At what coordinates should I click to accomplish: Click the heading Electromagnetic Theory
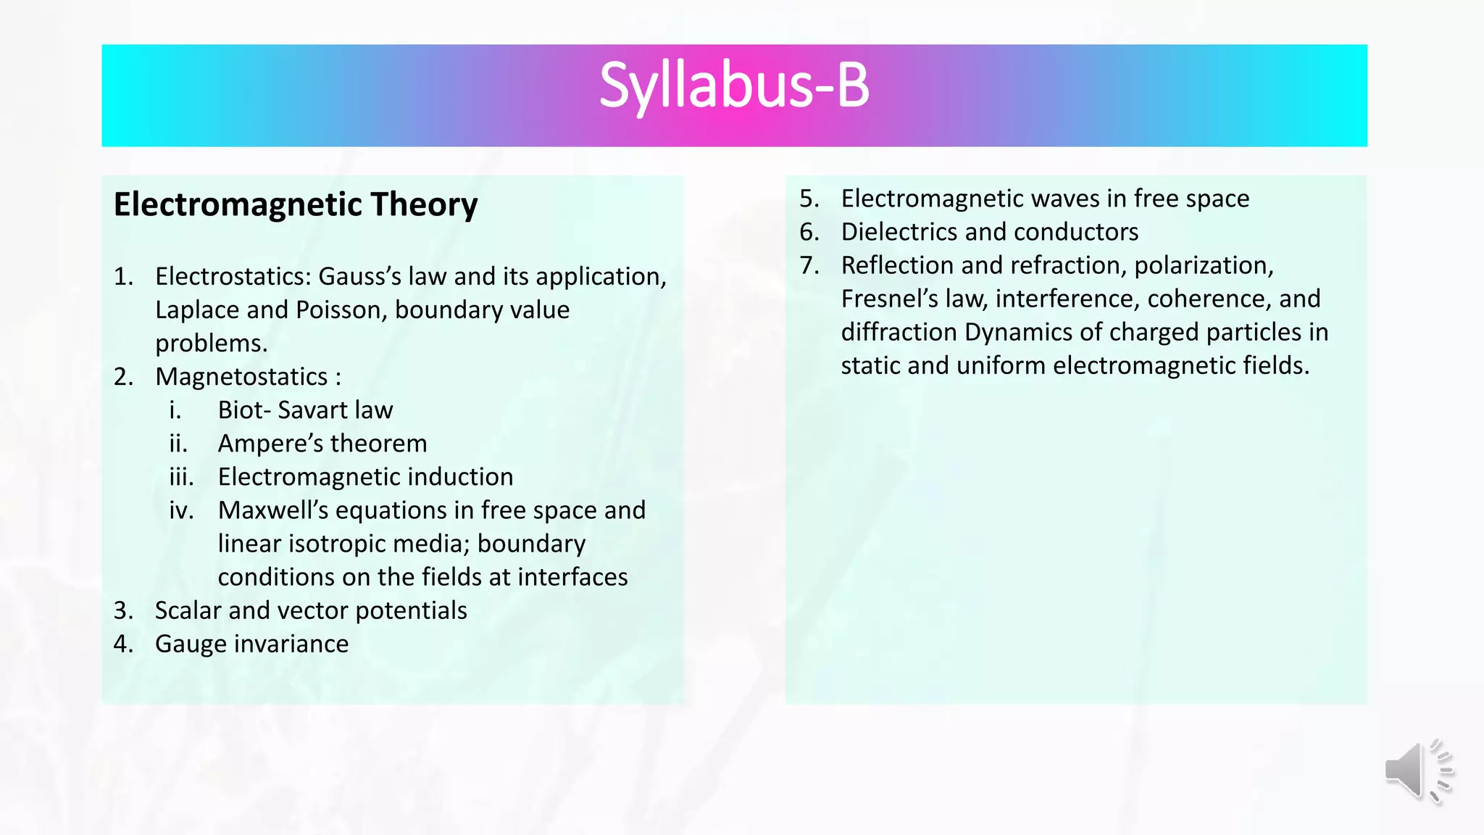(296, 205)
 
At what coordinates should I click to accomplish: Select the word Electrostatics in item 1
(232, 277)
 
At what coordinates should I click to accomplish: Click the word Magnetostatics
(241, 377)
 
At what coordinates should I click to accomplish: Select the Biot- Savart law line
(305, 410)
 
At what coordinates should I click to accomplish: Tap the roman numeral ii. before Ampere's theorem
(178, 444)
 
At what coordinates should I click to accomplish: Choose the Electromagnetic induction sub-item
(365, 477)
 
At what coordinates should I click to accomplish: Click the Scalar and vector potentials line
(311, 610)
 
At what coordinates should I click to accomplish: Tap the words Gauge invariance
(251, 644)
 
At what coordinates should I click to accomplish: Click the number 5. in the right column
(809, 199)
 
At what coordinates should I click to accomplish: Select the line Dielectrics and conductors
(989, 232)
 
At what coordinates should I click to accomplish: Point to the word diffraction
(899, 332)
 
